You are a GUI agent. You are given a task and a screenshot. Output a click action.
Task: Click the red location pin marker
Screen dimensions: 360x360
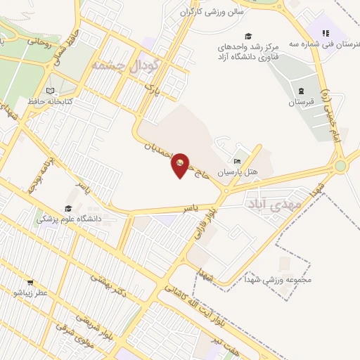pyautogui.click(x=181, y=165)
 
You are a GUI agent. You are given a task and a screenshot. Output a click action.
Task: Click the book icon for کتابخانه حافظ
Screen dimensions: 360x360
pyautogui.click(x=49, y=91)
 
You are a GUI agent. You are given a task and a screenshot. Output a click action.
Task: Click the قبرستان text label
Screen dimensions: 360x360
pyautogui.click(x=301, y=103)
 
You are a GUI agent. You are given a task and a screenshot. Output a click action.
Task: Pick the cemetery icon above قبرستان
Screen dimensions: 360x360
pyautogui.click(x=301, y=91)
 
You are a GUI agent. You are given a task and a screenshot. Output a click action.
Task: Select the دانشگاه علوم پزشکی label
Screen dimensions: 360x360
pyautogui.click(x=69, y=219)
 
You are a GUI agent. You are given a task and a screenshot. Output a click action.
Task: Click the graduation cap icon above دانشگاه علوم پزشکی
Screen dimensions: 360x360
pyautogui.click(x=68, y=208)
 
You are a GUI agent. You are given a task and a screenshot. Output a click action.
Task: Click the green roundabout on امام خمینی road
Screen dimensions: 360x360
pyautogui.click(x=341, y=166)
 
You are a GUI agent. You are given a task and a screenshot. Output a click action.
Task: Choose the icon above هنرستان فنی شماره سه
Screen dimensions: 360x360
pyautogui.click(x=325, y=32)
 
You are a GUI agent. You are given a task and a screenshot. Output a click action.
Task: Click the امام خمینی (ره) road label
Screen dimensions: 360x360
pyautogui.click(x=330, y=116)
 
